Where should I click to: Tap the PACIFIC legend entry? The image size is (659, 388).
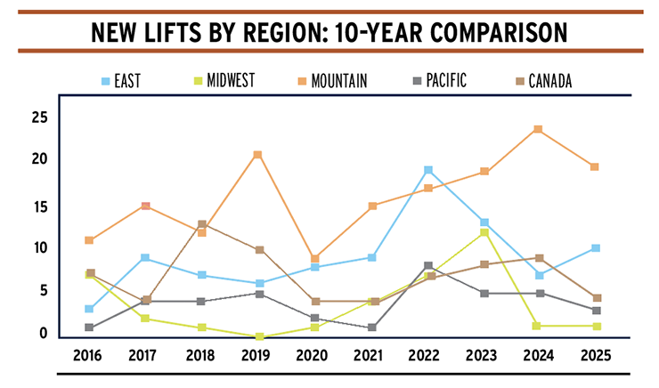coord(444,81)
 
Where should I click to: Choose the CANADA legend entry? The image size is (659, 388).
coord(544,81)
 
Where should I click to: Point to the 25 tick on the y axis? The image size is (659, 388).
coord(38,117)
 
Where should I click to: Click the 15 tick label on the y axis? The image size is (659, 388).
coord(38,206)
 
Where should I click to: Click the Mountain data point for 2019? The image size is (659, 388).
coord(257,155)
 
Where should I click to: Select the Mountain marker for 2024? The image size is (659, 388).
coord(538,129)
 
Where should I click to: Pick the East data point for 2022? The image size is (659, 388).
coord(428,170)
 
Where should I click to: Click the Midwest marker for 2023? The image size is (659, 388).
coord(484,232)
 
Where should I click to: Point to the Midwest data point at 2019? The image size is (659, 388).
coord(257,336)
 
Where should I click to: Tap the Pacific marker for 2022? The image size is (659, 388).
coord(428,266)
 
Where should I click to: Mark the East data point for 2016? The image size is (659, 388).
coord(88,309)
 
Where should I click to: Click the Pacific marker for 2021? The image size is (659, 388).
coord(371,327)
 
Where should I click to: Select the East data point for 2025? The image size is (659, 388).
coord(595,248)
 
